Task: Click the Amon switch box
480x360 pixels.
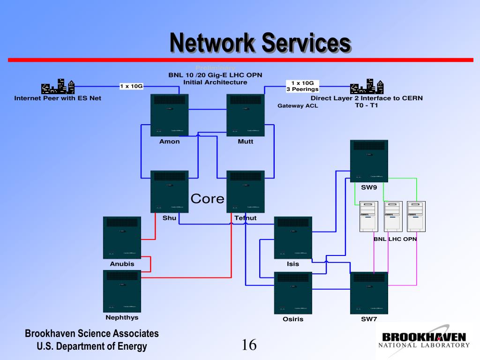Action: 169,115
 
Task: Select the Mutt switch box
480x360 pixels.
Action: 245,115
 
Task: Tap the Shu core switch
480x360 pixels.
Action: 169,192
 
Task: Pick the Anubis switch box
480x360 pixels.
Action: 122,238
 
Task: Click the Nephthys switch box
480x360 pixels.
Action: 122,291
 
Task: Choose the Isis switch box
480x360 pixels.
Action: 293,238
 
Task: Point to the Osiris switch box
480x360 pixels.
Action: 293,293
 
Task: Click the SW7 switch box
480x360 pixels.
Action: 369,293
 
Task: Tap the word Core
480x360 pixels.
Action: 207,199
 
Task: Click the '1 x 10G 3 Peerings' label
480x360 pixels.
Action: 302,86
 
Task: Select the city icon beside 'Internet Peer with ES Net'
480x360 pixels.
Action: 58,87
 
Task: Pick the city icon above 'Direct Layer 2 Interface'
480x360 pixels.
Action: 367,87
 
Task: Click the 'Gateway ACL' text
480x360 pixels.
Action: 298,106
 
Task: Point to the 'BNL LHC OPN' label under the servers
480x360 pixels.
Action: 395,239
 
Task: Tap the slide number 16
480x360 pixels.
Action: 249,345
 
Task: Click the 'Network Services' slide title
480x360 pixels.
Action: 260,43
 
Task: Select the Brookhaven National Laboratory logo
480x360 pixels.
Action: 424,340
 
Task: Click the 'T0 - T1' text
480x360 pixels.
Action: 367,105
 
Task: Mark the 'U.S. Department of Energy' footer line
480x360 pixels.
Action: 92,346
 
